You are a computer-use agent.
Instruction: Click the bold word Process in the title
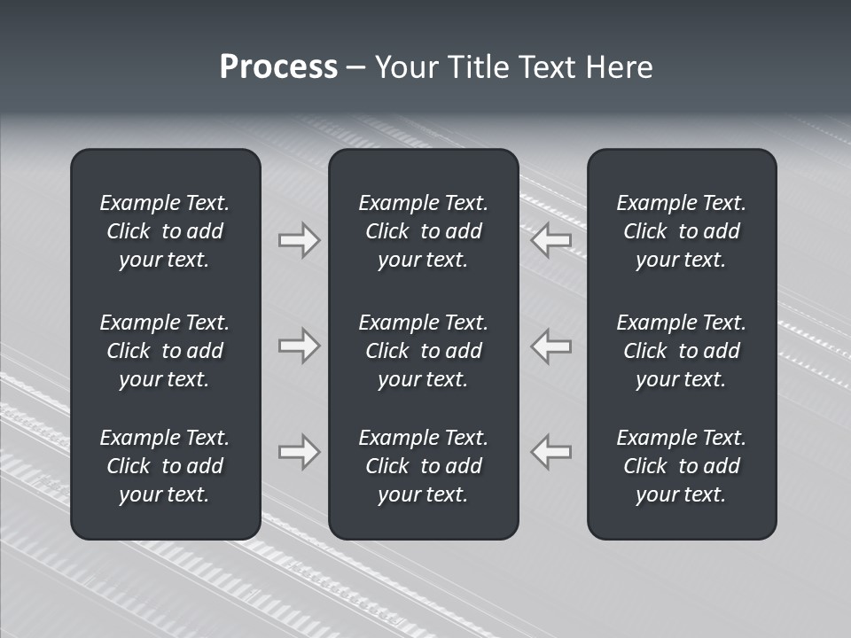coord(278,67)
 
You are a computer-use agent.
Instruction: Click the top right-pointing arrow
coord(299,240)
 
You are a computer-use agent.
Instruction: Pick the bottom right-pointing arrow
coord(299,451)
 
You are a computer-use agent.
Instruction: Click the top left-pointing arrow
coord(551,240)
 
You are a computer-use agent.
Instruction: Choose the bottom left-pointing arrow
coord(551,451)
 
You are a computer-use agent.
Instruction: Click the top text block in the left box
coord(165,231)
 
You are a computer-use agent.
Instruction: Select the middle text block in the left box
coord(165,351)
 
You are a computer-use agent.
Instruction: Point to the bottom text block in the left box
coord(165,466)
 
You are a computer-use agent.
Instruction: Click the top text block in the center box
coord(423,231)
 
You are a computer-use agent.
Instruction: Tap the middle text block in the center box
coord(423,351)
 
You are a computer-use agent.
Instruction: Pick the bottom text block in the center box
coord(423,466)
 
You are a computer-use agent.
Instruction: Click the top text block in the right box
coord(681,231)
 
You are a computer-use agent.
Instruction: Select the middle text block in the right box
coord(681,351)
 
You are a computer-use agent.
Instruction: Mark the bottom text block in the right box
coord(681,466)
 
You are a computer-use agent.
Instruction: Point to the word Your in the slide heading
coord(404,67)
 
